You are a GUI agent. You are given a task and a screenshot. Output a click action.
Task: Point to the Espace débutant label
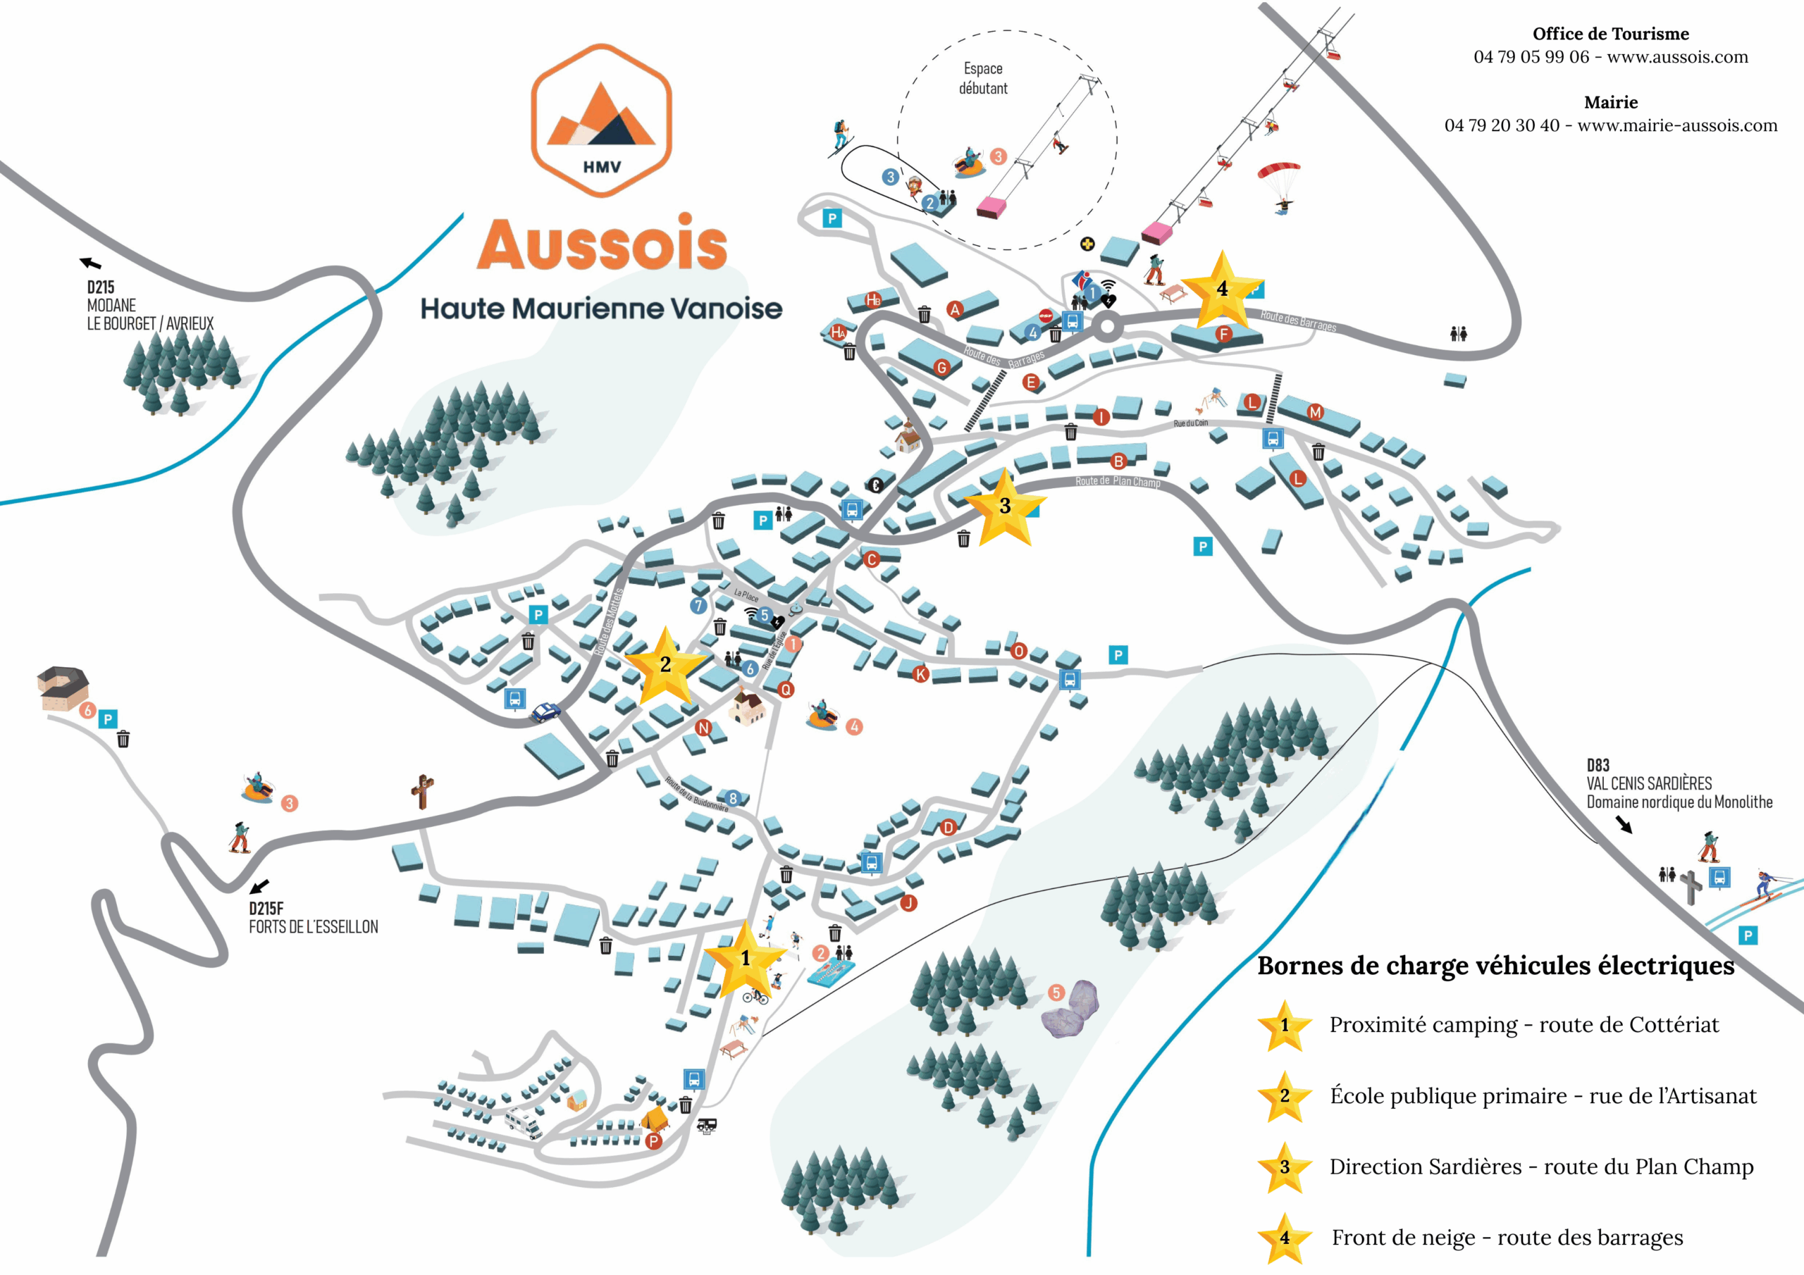(x=983, y=79)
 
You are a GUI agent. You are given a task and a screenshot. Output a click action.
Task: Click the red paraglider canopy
(x=1278, y=170)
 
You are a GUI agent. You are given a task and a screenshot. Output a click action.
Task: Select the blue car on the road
(x=545, y=711)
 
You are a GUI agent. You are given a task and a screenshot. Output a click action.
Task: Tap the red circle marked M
(x=1315, y=411)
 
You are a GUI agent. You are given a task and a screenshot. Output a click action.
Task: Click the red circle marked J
(x=908, y=902)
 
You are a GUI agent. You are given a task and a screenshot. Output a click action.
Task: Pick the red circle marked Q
(x=785, y=689)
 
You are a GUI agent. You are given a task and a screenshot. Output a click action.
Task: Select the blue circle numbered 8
(x=732, y=798)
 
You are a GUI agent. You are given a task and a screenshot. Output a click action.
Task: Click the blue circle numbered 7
(x=698, y=605)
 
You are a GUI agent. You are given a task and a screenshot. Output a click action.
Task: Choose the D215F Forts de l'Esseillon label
(x=313, y=918)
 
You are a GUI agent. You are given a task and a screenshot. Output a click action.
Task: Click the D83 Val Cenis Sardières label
(x=1679, y=783)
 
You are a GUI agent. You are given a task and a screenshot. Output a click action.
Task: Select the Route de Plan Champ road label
(x=1118, y=481)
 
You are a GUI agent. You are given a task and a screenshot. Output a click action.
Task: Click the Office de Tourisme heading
(x=1610, y=34)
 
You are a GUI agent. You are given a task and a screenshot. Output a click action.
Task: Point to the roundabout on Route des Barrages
(x=1107, y=327)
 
